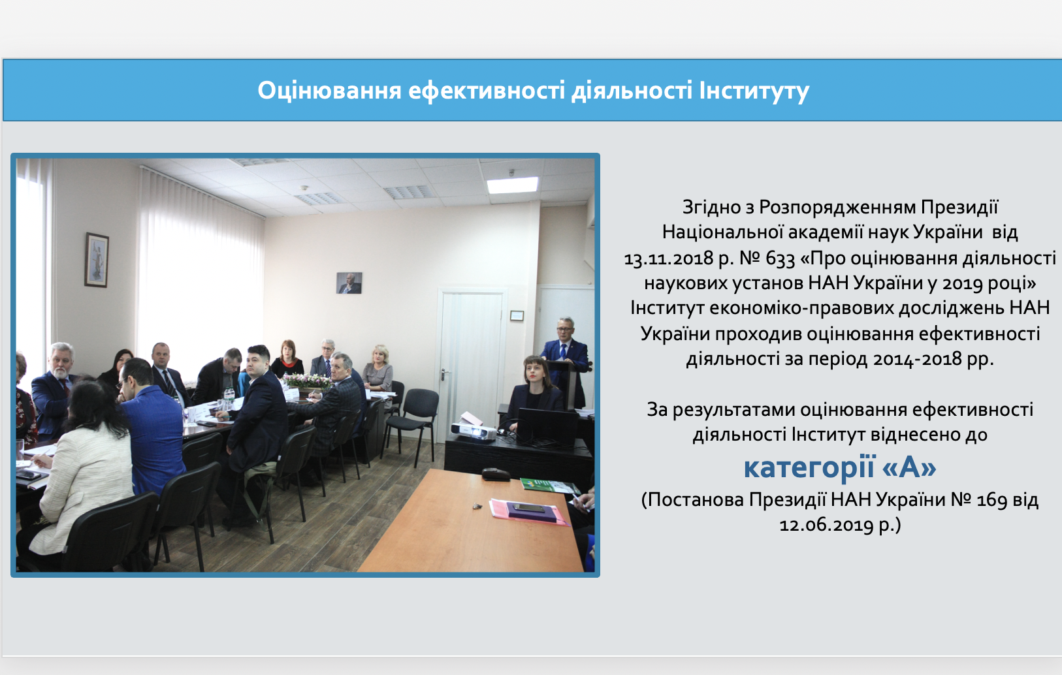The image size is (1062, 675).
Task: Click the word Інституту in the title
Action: pos(754,91)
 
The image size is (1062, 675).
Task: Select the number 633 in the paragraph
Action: pos(780,259)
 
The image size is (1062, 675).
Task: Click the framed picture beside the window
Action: pos(97,260)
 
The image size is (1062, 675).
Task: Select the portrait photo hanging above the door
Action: pos(349,283)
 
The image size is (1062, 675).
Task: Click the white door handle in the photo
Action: pos(443,375)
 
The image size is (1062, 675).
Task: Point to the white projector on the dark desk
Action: pos(473,431)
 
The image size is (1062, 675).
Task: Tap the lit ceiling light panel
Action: pos(513,185)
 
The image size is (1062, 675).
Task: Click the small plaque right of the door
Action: pos(517,315)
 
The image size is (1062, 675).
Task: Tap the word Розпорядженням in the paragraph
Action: pos(838,207)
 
